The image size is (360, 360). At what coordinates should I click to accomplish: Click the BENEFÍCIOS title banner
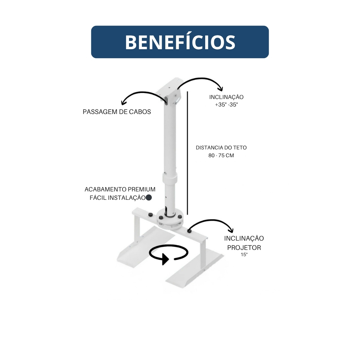pyautogui.click(x=180, y=42)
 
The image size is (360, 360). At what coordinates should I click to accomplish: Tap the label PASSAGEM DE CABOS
pyautogui.click(x=117, y=112)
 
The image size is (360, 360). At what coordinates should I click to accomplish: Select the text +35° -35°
pyautogui.click(x=226, y=105)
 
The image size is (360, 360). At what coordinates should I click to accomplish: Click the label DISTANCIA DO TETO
pyautogui.click(x=221, y=148)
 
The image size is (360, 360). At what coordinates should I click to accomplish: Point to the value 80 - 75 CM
pyautogui.click(x=221, y=155)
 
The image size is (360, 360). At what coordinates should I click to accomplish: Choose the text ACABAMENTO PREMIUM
pyautogui.click(x=120, y=189)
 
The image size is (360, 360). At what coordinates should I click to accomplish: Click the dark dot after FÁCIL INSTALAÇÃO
pyautogui.click(x=149, y=197)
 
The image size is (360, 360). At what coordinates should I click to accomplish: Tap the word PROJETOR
pyautogui.click(x=244, y=248)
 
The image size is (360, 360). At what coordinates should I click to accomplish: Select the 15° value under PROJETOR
pyautogui.click(x=244, y=255)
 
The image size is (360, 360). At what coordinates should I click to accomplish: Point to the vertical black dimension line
pyautogui.click(x=187, y=153)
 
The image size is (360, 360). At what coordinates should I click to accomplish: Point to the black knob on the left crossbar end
pyautogui.click(x=150, y=214)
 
